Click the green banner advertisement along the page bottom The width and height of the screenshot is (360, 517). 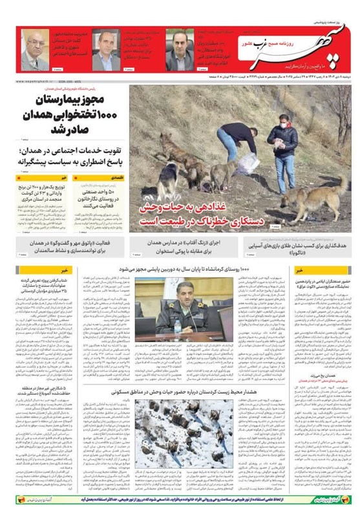180,499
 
